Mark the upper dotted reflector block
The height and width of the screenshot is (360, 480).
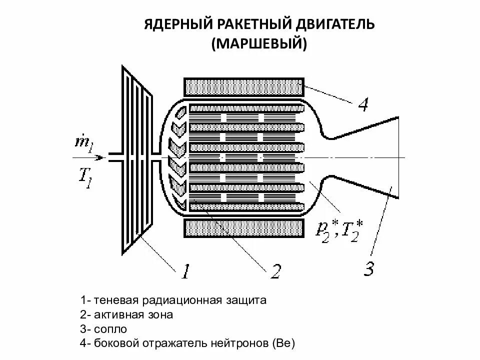pyautogui.click(x=244, y=87)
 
